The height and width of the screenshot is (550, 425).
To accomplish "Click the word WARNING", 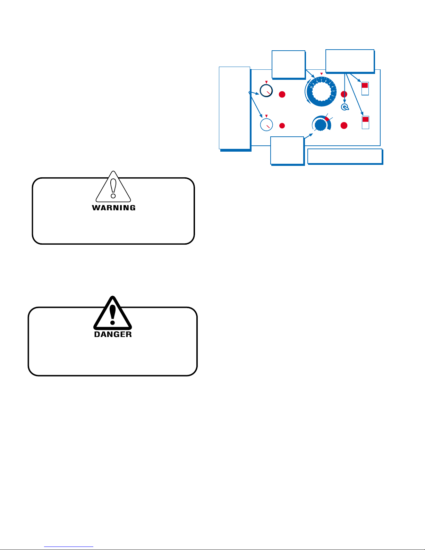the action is (x=113, y=208).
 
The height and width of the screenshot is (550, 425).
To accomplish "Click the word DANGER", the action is (x=113, y=335).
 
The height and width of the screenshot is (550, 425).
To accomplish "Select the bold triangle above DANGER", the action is (x=113, y=314).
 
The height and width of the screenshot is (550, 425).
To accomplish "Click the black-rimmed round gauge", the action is (x=266, y=91).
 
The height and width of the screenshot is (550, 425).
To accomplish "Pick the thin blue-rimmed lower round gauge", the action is (x=266, y=125).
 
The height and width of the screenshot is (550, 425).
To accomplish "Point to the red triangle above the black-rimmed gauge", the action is (x=266, y=82).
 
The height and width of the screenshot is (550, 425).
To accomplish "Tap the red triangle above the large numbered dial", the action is (x=321, y=74).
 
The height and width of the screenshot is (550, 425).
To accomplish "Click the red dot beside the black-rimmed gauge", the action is (x=282, y=94).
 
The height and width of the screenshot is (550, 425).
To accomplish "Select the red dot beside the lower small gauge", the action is (x=282, y=126).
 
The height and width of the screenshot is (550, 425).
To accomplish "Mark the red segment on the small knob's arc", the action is (x=327, y=119).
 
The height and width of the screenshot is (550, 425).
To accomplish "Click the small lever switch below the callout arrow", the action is (x=345, y=108).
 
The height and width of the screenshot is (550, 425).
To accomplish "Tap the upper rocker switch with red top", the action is (x=365, y=88).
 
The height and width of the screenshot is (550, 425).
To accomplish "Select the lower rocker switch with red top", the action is (x=365, y=122).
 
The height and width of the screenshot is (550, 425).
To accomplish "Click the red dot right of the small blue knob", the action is (x=344, y=126).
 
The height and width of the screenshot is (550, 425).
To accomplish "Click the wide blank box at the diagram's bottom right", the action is (x=345, y=156).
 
